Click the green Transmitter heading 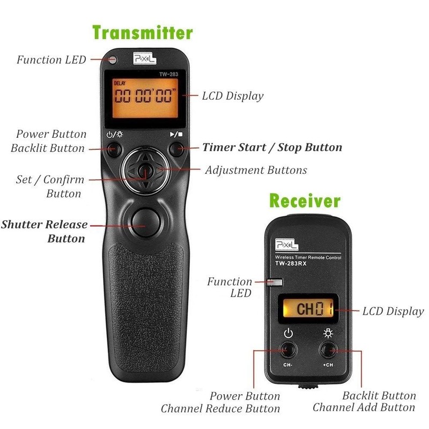pyautogui.click(x=142, y=32)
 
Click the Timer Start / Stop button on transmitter pyautogui.click(x=176, y=149)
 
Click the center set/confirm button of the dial pyautogui.click(x=142, y=171)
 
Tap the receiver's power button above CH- pyautogui.click(x=288, y=349)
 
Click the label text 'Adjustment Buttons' pyautogui.click(x=256, y=171)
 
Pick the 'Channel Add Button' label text pyautogui.click(x=364, y=408)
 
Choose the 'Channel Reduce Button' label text pyautogui.click(x=220, y=409)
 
